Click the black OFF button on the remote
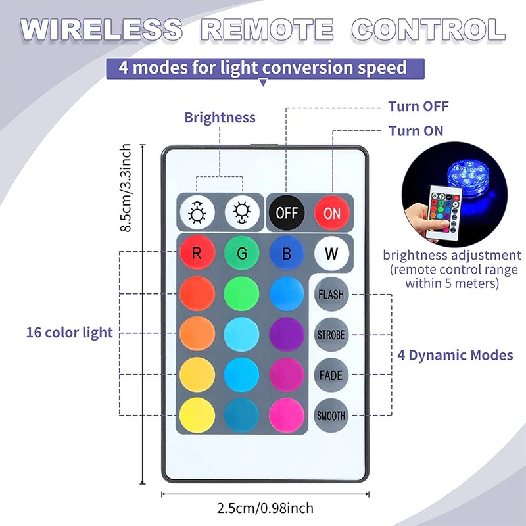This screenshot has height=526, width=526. tap(287, 212)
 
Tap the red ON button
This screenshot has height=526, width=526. tap(332, 212)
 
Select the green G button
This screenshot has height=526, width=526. tap(242, 253)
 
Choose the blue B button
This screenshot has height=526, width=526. tap(287, 253)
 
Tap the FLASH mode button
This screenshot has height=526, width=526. tap(331, 294)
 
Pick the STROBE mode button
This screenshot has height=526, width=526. tap(331, 335)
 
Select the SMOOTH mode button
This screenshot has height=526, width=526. tap(331, 416)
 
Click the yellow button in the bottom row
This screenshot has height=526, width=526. tap(197, 416)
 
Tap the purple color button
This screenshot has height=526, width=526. tap(287, 334)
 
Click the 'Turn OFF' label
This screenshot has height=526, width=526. tap(418, 107)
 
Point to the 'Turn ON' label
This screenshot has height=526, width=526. tap(416, 131)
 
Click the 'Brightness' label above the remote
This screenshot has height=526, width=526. tap(220, 118)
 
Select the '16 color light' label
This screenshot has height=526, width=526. tap(70, 332)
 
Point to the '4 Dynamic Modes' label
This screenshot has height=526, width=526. tap(456, 355)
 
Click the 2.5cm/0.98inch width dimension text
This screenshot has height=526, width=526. tap(264, 508)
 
